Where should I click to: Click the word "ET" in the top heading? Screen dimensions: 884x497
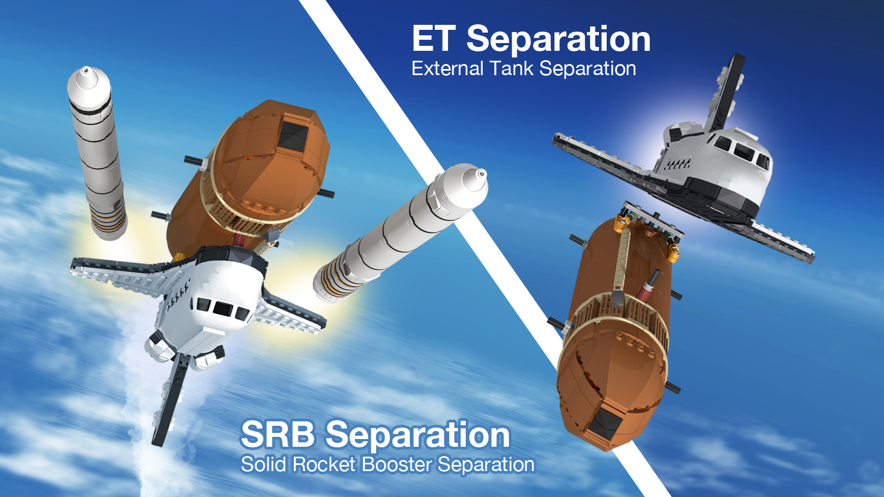434,39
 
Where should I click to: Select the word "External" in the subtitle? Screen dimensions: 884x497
447,68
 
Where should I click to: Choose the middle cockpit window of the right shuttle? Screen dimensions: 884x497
744,151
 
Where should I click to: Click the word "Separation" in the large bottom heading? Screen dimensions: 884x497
418,436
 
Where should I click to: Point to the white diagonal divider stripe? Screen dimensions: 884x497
483,248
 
